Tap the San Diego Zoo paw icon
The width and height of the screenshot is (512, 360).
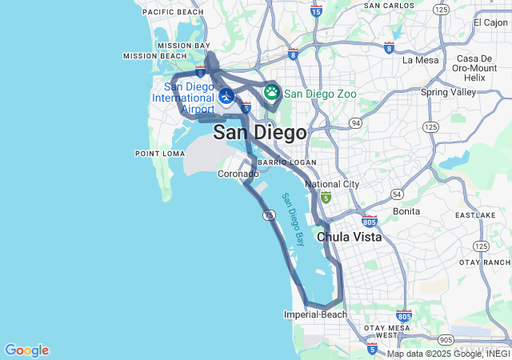pyautogui.click(x=272, y=92)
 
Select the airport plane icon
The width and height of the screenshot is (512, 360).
pyautogui.click(x=226, y=97)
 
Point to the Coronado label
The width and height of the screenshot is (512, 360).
pyautogui.click(x=238, y=174)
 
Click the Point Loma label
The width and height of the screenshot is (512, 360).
pyautogui.click(x=154, y=153)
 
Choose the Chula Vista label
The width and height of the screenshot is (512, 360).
pyautogui.click(x=349, y=238)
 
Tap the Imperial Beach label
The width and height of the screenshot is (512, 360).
pyautogui.click(x=315, y=314)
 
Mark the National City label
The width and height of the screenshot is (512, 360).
pyautogui.click(x=332, y=184)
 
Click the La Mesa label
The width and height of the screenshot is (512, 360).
pyautogui.click(x=420, y=60)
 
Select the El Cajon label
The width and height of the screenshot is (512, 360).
pyautogui.click(x=490, y=22)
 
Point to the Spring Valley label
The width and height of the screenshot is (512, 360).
pyautogui.click(x=446, y=92)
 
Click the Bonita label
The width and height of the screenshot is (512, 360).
pyautogui.click(x=406, y=211)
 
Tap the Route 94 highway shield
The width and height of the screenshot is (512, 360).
pyautogui.click(x=355, y=123)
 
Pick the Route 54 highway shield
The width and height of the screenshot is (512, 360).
pyautogui.click(x=397, y=194)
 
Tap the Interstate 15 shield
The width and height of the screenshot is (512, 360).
pyautogui.click(x=316, y=11)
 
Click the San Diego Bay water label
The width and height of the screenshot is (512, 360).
pyautogui.click(x=294, y=218)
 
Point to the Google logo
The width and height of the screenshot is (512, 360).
pyautogui.click(x=26, y=350)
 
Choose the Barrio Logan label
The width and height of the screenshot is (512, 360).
pyautogui.click(x=287, y=162)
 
